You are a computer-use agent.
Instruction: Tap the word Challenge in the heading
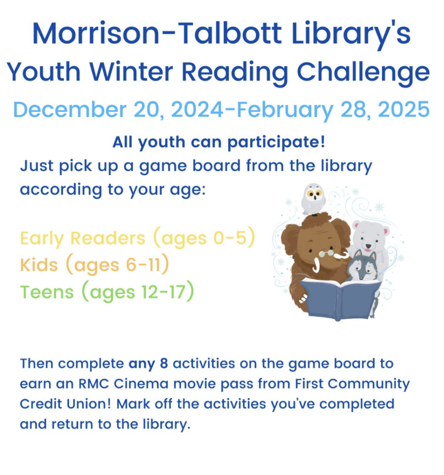[x=363, y=72]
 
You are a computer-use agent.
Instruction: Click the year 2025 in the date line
[x=403, y=110]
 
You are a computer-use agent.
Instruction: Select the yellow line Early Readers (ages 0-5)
[x=138, y=238]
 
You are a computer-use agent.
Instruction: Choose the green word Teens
[x=47, y=292]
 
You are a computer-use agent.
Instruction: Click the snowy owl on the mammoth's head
[x=313, y=198]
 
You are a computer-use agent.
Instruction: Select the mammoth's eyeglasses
[x=326, y=253]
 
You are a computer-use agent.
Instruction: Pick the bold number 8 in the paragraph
[x=163, y=364]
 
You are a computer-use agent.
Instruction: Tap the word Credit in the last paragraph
[x=41, y=404]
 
